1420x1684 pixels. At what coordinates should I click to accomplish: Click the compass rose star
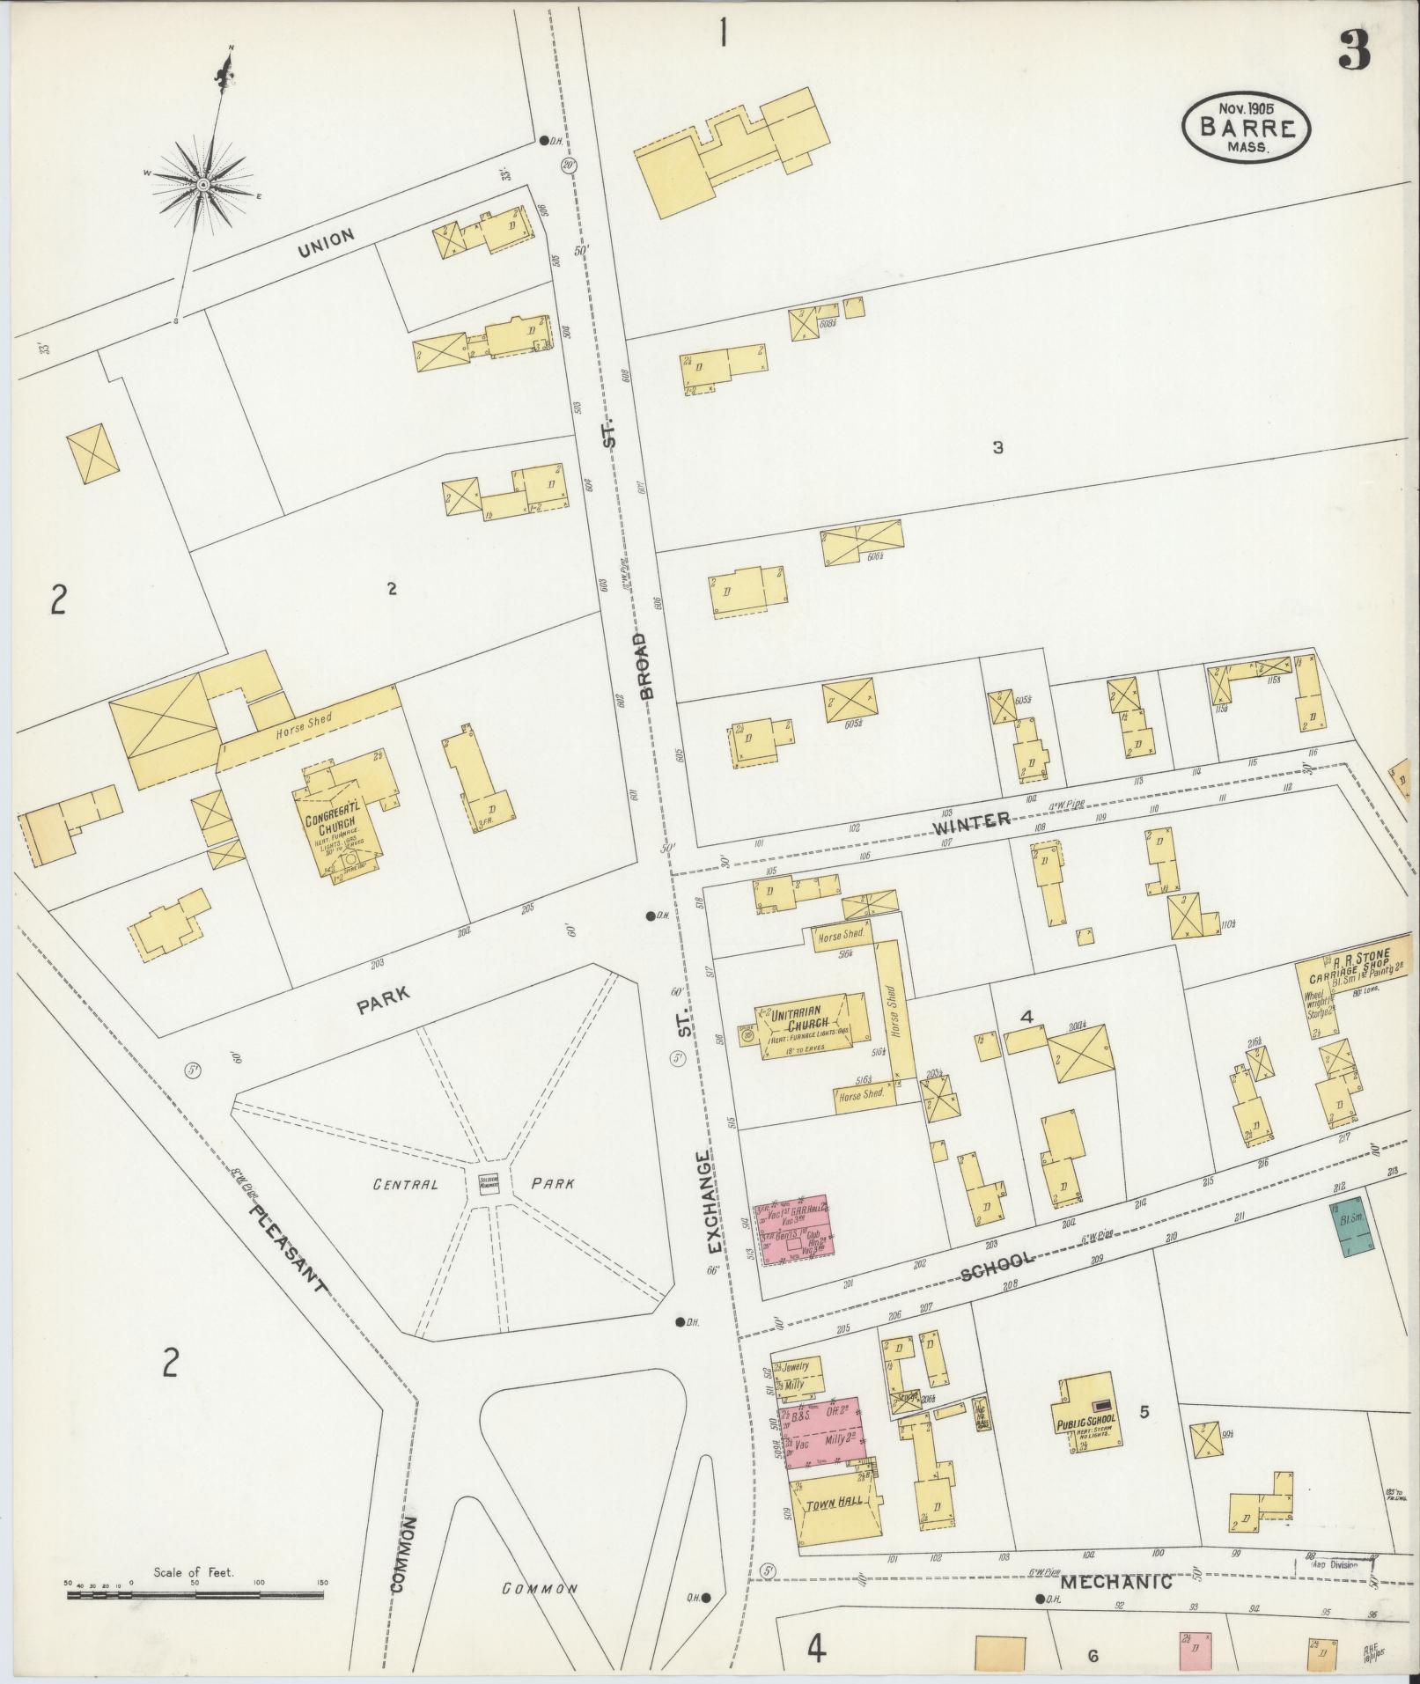[x=202, y=184]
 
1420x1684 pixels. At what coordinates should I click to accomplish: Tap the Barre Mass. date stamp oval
[x=1246, y=129]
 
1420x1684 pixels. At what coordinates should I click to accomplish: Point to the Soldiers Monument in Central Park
[x=489, y=1183]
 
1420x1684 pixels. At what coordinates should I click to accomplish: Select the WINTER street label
[x=972, y=822]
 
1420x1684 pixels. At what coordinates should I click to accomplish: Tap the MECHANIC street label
[x=1116, y=1582]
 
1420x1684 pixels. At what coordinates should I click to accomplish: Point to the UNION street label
[x=326, y=241]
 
